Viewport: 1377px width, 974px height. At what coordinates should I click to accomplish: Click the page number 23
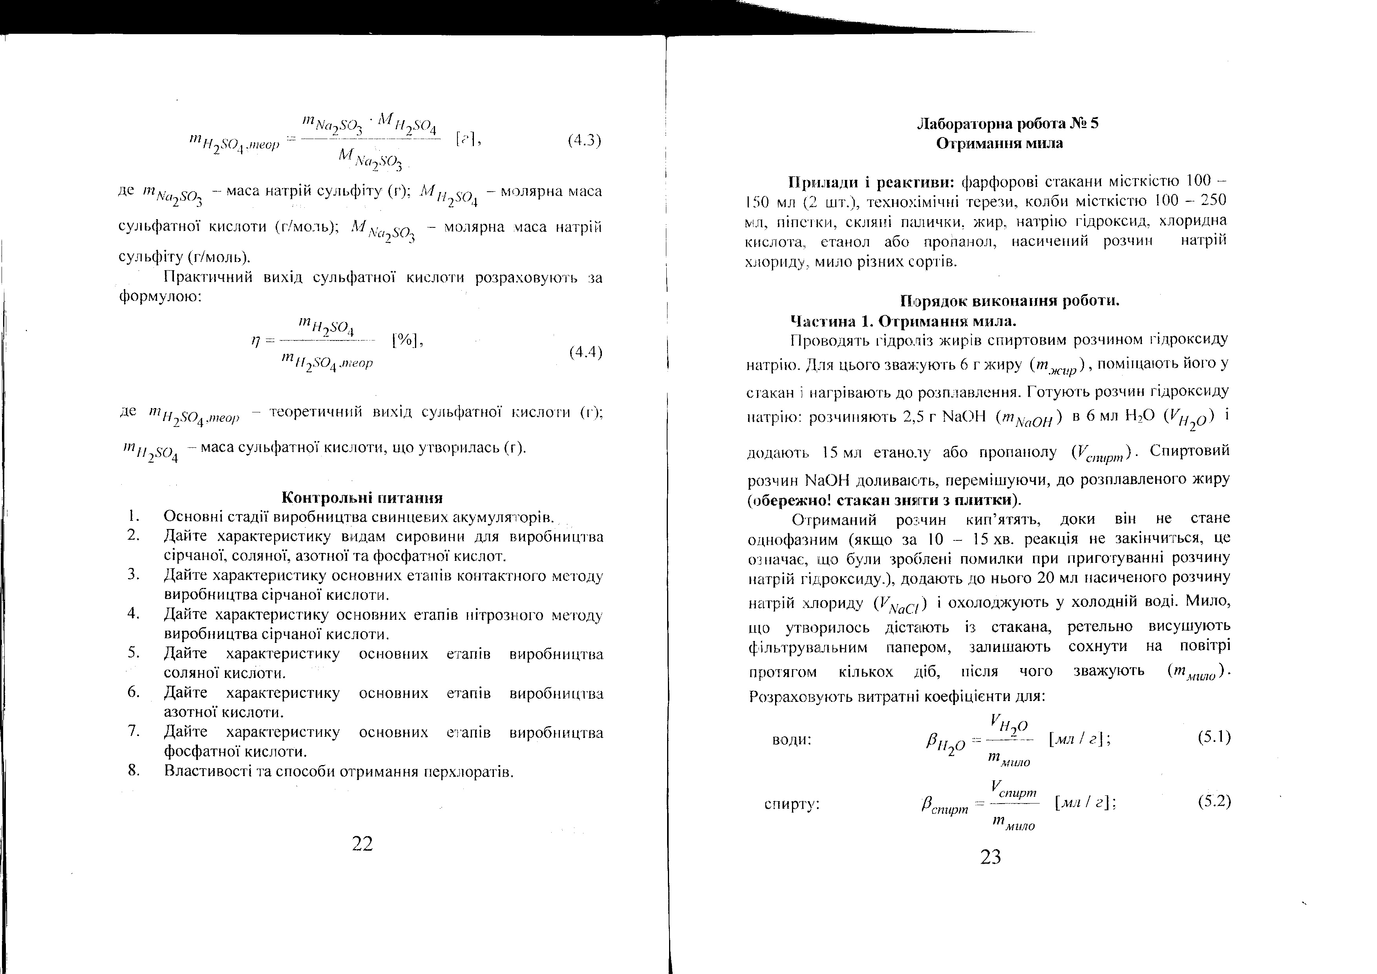[991, 857]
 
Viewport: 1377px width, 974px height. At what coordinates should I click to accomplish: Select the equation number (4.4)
[585, 352]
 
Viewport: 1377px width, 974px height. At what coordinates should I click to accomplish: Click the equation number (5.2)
[1214, 801]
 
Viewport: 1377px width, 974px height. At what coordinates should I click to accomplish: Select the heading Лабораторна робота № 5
[1008, 124]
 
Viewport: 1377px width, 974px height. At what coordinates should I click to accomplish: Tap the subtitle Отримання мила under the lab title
[999, 143]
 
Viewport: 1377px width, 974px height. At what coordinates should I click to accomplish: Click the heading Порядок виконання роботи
[1010, 300]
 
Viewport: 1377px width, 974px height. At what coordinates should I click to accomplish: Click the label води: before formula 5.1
[791, 740]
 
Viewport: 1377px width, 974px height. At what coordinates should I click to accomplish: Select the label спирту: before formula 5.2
[792, 804]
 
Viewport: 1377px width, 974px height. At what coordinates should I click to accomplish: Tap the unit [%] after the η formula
[407, 341]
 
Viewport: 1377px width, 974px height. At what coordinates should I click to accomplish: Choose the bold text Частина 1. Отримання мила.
[903, 321]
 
